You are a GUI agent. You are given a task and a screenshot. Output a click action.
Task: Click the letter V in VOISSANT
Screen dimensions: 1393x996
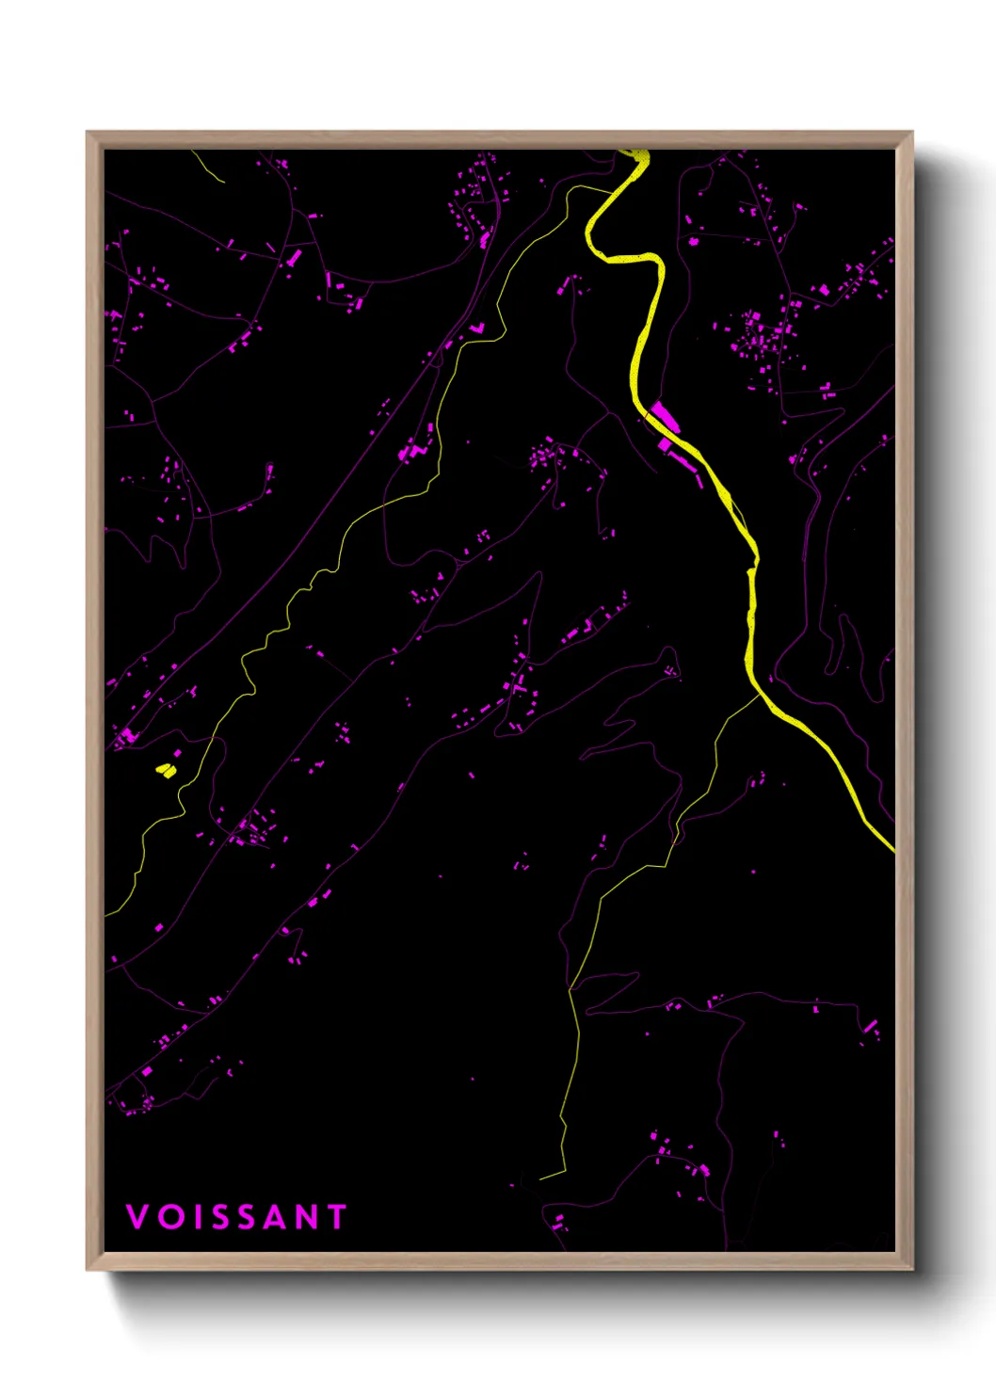click(137, 1216)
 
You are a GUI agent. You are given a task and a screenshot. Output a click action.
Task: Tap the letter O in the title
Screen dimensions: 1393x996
click(169, 1216)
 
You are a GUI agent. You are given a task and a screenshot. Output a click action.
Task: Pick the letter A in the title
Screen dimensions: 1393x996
click(275, 1216)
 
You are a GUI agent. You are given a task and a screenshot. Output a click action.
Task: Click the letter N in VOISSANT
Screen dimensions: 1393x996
click(307, 1216)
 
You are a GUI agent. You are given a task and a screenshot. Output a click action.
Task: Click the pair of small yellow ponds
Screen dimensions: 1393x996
click(167, 770)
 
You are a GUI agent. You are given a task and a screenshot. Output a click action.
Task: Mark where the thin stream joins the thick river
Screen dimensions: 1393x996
click(760, 695)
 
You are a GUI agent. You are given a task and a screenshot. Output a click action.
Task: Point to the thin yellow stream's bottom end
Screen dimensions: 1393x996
click(541, 1177)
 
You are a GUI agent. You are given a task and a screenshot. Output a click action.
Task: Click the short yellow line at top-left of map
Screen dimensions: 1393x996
click(208, 165)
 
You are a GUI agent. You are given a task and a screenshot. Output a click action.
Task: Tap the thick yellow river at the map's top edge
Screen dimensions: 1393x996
click(637, 154)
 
